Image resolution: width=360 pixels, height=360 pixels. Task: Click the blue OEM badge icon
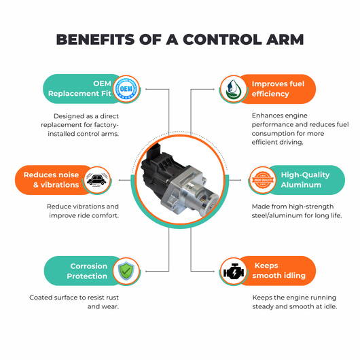(126, 88)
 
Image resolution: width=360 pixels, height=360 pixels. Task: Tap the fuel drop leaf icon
(233, 88)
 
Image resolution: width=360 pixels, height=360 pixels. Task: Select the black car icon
(96, 180)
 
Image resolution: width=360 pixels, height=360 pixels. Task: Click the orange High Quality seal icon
(263, 180)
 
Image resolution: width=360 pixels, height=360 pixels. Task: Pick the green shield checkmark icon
(126, 271)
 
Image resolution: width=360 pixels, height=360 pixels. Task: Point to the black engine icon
(234, 272)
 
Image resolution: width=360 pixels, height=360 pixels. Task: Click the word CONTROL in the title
(222, 39)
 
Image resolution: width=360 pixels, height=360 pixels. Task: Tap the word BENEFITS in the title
(95, 39)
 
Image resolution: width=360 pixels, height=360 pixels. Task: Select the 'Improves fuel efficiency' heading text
(278, 88)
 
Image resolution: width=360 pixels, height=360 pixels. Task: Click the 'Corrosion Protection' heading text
(87, 271)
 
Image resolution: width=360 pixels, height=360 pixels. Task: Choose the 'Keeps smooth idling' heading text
(279, 270)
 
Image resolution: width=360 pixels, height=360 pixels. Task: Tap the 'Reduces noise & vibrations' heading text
(51, 180)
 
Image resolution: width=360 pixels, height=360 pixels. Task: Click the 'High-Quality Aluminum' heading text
(306, 180)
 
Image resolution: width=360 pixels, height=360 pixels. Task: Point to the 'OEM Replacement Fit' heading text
(79, 88)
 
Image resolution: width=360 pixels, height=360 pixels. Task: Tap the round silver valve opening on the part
(206, 202)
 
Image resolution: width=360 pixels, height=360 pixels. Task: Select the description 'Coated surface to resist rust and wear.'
(74, 302)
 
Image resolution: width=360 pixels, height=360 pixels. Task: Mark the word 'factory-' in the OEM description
(107, 125)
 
